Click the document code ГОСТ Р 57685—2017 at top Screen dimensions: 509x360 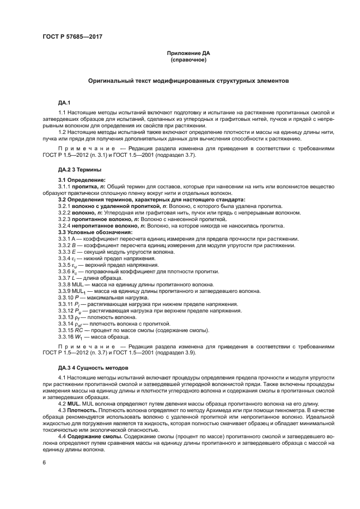click(72, 38)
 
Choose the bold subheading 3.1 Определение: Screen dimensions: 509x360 click(82, 180)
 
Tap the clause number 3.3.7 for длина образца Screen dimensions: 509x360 click(66, 278)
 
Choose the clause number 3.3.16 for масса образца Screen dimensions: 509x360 click(68, 336)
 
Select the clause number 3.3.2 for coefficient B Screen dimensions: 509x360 click(66, 246)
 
